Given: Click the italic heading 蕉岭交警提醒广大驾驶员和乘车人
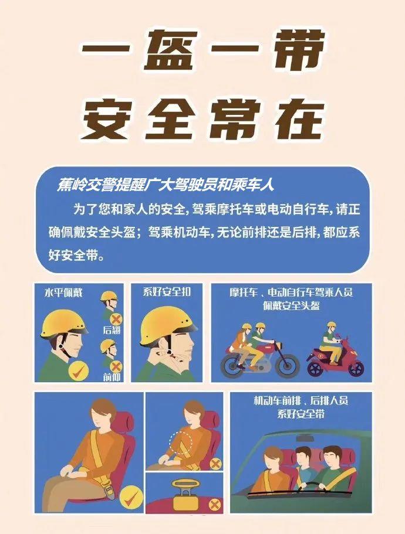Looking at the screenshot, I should [x=166, y=185].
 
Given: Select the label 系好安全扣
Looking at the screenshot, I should [x=168, y=291].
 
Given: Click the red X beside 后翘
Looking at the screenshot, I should [x=116, y=319].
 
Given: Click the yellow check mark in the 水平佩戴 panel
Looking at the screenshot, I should [x=79, y=370].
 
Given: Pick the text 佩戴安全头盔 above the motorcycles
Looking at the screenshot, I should [x=292, y=305].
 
